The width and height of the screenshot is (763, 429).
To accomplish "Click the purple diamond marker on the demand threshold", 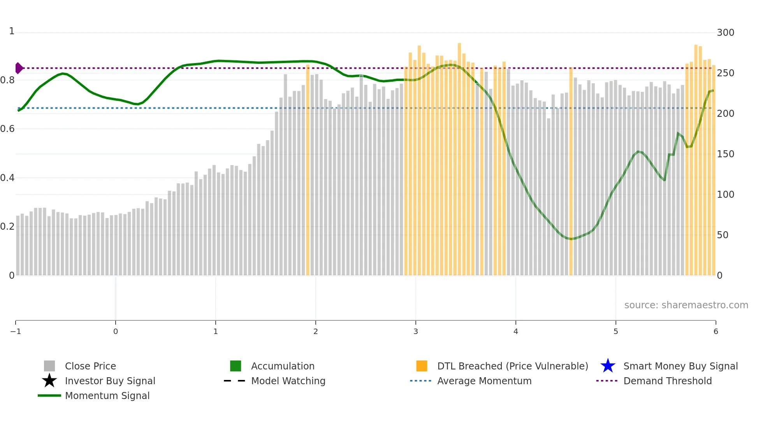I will click(19, 68).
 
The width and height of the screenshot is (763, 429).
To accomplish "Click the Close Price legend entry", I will click(90, 366).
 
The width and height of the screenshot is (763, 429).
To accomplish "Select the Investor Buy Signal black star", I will click(49, 381).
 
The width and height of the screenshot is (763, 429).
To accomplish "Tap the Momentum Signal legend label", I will click(107, 396).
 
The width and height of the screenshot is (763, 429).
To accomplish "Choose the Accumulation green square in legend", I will click(236, 366).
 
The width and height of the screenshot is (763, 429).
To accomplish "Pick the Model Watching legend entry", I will click(288, 381).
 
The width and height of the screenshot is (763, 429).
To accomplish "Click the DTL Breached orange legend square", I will click(422, 366).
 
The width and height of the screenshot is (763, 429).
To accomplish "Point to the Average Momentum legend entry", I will click(484, 381).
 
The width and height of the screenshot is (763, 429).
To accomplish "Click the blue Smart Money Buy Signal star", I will click(608, 366).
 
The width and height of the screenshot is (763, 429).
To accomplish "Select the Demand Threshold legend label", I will click(667, 381).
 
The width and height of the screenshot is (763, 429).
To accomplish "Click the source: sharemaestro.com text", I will click(686, 305).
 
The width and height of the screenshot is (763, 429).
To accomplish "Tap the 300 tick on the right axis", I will click(725, 32).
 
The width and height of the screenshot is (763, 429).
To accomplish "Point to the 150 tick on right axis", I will click(725, 154).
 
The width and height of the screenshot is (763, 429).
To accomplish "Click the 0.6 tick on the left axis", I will click(7, 128).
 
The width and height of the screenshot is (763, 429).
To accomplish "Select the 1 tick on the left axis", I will click(12, 31).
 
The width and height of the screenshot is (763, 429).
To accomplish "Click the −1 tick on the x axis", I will click(16, 331).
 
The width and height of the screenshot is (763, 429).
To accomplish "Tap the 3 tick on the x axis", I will click(416, 331).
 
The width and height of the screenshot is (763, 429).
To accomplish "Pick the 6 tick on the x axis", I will click(716, 331).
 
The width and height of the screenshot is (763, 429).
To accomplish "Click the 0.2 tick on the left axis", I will click(7, 226).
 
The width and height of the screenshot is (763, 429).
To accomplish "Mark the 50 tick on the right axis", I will click(723, 235).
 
